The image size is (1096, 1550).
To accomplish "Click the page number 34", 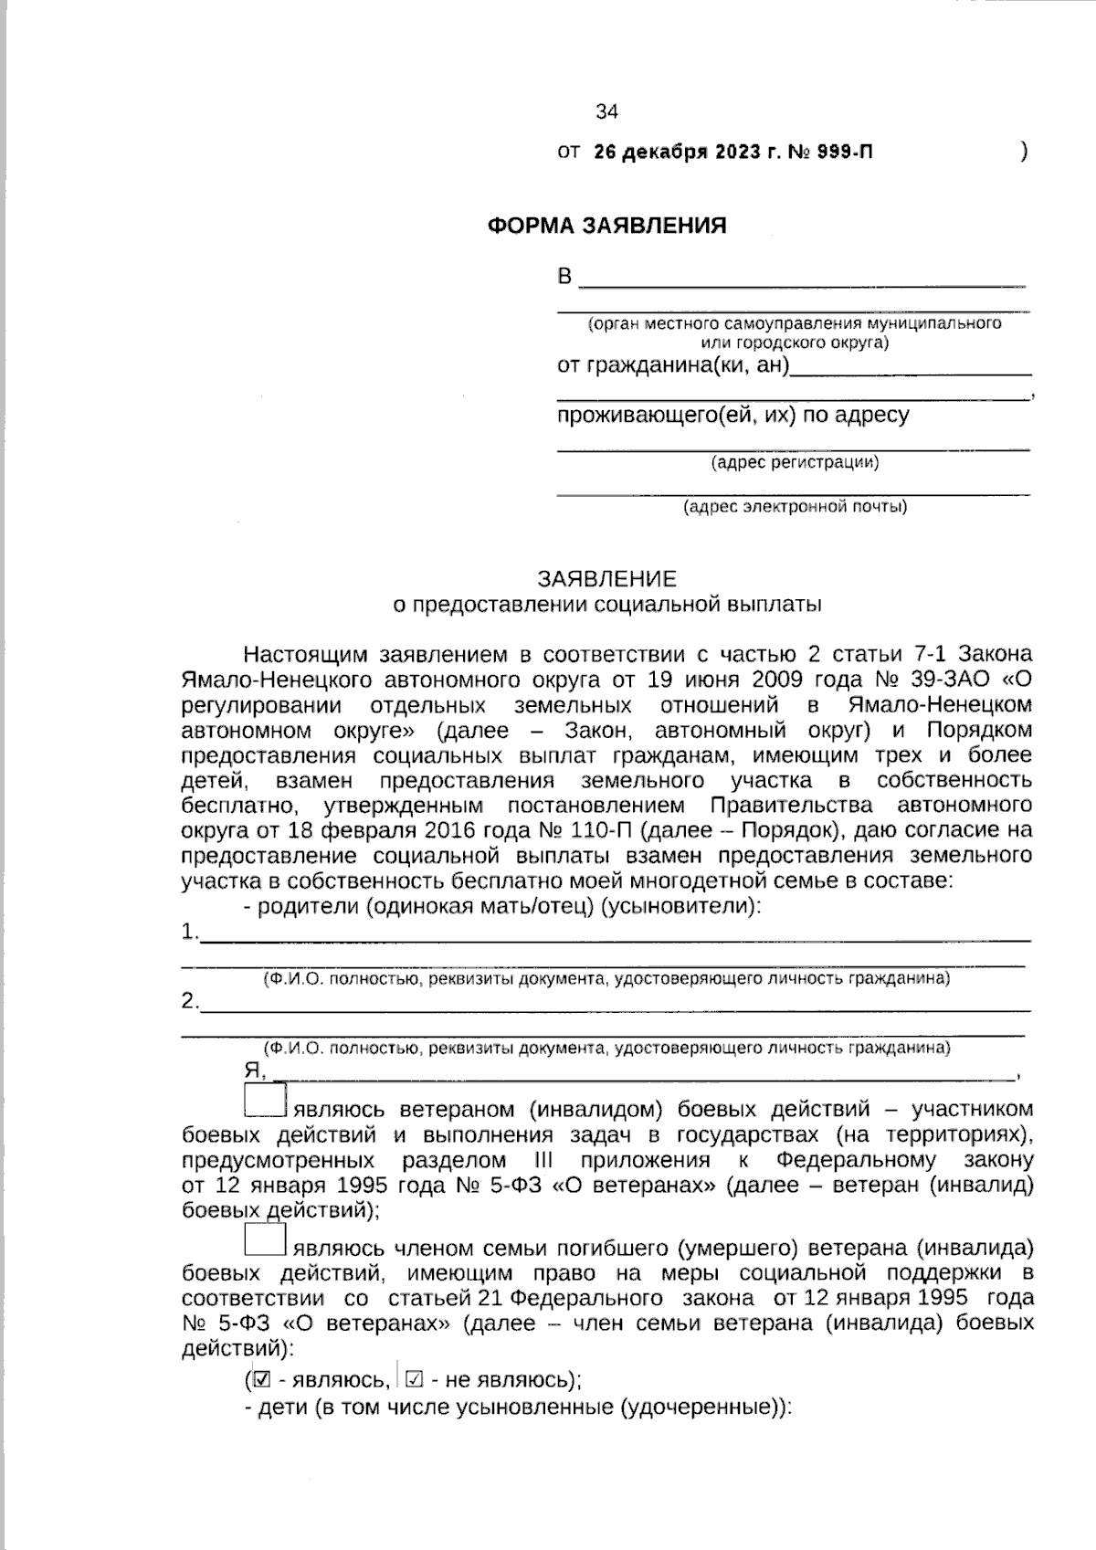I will pyautogui.click(x=606, y=112).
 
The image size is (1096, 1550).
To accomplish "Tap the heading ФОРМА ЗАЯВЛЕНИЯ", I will pyautogui.click(x=606, y=226).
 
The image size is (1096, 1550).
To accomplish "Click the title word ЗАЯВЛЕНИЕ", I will pyautogui.click(x=606, y=579).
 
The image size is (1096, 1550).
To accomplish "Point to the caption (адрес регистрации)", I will pyautogui.click(x=795, y=462).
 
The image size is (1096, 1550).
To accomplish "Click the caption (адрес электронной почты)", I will pyautogui.click(x=795, y=506).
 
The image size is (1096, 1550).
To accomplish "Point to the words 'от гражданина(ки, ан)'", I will pyautogui.click(x=673, y=366).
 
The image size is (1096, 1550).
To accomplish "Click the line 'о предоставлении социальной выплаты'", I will pyautogui.click(x=606, y=604).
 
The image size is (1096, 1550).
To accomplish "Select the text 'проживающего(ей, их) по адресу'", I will pyautogui.click(x=732, y=416).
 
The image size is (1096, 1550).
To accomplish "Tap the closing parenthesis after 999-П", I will pyautogui.click(x=1024, y=153).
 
